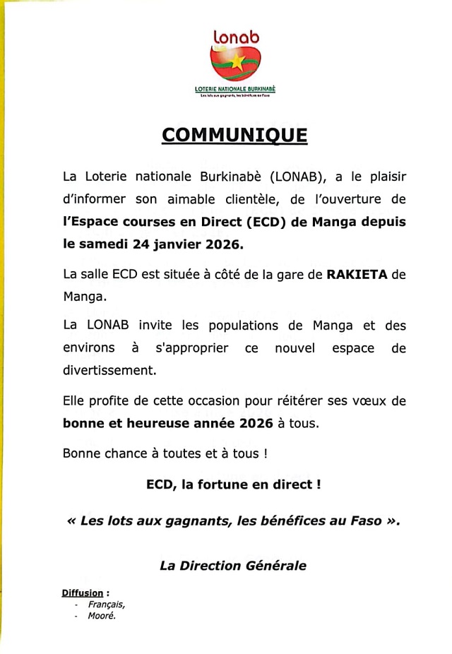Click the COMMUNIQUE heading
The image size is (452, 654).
[234, 135]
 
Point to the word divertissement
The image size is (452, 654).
[109, 369]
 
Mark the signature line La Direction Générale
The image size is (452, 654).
[232, 565]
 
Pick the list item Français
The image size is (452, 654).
[107, 605]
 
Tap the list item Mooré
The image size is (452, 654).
[102, 616]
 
